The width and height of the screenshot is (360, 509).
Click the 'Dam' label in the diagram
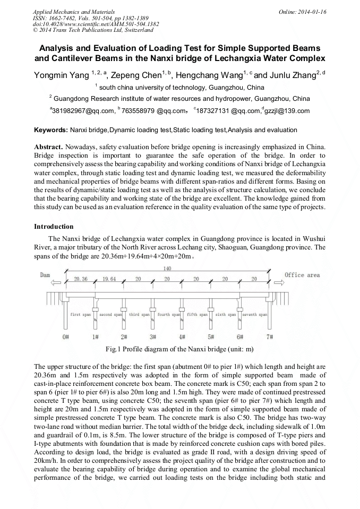pos(45,275)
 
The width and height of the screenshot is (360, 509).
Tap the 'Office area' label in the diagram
pos(302,275)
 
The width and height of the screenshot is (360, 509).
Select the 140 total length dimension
pos(168,269)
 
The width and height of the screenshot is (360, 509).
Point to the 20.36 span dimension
pos(81,279)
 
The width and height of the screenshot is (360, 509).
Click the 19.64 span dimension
pos(109,279)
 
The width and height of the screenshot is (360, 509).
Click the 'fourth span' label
pos(167,315)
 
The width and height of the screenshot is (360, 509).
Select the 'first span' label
pos(81,315)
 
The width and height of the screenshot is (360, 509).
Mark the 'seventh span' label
pos(254,315)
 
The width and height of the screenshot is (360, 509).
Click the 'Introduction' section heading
pos(54,227)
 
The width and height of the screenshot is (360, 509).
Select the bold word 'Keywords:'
pos(51,130)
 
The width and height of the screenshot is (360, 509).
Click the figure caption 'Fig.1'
pos(114,349)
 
